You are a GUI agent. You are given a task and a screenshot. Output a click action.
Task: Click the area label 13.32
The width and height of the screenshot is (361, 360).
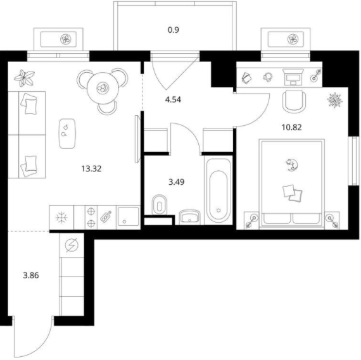[x=91, y=169]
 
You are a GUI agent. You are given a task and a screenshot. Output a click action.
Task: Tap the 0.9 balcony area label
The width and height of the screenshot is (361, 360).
[x=174, y=30]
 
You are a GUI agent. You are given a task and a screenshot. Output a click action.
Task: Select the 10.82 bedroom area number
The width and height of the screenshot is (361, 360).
[x=292, y=127]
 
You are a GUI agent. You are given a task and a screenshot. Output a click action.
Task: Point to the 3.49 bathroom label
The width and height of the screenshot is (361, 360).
[x=176, y=182]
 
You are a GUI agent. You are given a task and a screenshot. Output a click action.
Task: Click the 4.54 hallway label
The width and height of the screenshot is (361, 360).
[x=173, y=99]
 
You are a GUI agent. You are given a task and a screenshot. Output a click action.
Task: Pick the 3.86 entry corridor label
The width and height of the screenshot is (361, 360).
[x=31, y=275]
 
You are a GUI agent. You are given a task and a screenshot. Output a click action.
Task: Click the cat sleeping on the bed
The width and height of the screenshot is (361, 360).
[x=292, y=164]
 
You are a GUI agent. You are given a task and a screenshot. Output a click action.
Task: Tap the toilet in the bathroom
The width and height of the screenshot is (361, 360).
[x=160, y=205]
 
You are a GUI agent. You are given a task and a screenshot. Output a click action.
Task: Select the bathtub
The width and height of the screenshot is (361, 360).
[x=218, y=190]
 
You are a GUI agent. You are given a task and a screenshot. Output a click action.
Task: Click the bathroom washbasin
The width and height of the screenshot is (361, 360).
[x=190, y=216]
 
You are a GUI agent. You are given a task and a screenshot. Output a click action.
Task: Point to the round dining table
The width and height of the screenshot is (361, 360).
[x=103, y=88]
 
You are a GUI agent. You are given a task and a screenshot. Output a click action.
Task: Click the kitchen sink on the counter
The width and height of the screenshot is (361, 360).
[x=128, y=217]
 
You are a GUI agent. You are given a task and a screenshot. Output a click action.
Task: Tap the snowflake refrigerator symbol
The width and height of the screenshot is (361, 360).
[x=61, y=218]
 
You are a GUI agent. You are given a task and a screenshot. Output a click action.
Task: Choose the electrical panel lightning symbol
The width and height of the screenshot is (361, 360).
[x=72, y=245]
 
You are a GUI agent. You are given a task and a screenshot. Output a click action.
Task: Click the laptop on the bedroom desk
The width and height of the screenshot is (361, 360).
[x=293, y=77]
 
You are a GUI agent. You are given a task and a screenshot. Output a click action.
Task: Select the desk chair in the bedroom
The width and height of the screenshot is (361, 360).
[x=294, y=101]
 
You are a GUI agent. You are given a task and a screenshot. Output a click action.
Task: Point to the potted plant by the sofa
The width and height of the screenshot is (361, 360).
[x=24, y=78]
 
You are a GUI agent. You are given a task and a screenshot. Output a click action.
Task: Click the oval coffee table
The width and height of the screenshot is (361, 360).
[x=67, y=133]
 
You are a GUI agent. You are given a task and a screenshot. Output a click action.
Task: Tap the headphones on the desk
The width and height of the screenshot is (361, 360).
[x=268, y=77]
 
